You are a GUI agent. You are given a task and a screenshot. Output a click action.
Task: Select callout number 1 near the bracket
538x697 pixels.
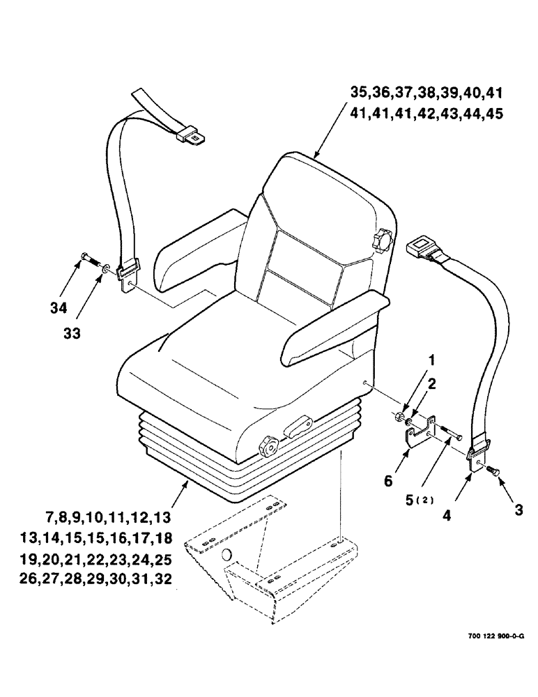[x=431, y=362]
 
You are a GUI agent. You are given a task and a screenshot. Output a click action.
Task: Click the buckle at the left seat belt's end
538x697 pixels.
[x=190, y=134]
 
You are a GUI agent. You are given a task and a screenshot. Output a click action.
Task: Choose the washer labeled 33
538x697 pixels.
[x=104, y=267]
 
